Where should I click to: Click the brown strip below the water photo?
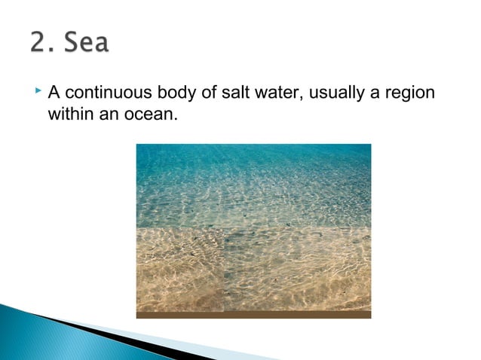click(x=253, y=315)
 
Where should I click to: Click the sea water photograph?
click(x=253, y=226)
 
